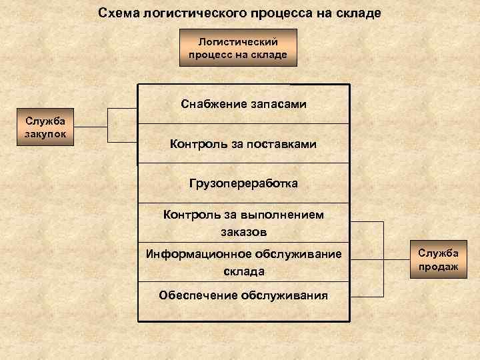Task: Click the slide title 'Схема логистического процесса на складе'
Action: (240, 13)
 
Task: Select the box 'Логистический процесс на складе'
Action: (238, 48)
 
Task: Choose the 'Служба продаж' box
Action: (438, 259)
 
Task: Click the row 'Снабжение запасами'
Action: (243, 104)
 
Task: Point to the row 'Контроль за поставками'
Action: (243, 143)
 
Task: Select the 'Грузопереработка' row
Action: (243, 183)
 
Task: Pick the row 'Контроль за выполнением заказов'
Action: (243, 222)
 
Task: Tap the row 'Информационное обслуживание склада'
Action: (243, 262)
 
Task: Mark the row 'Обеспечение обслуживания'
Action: (243, 295)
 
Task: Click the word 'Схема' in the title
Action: (117, 13)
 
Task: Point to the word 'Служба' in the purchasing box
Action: (47, 121)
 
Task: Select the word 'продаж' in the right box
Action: (438, 266)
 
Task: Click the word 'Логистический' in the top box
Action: (238, 42)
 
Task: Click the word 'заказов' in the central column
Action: (243, 232)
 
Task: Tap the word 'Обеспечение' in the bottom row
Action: (191, 295)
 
